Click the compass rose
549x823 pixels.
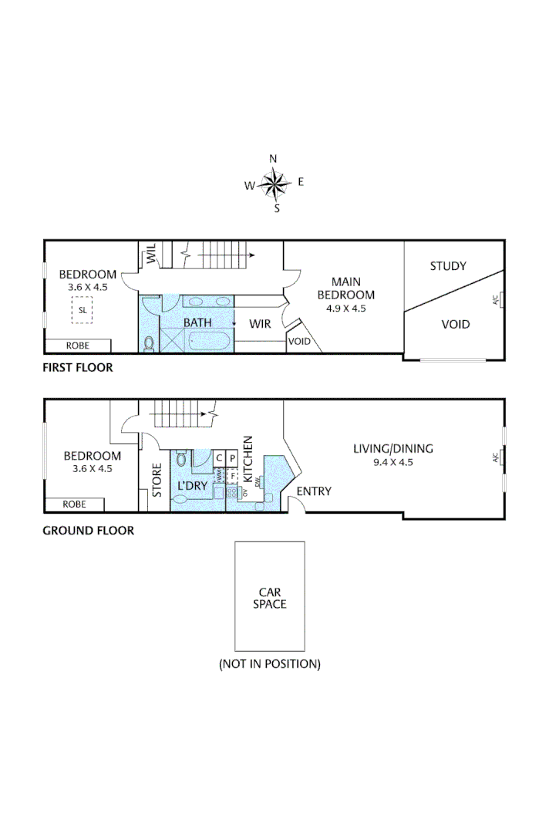[x=274, y=184]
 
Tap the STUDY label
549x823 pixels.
[x=448, y=266]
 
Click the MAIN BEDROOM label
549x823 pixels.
[x=346, y=288]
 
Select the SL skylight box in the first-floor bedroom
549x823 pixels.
[x=82, y=310]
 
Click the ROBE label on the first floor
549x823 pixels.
[x=77, y=346]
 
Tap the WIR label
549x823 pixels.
[x=260, y=324]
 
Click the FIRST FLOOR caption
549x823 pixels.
[x=77, y=367]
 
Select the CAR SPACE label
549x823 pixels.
[x=270, y=598]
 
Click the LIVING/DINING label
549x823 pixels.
[x=393, y=448]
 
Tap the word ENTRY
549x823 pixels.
[x=314, y=491]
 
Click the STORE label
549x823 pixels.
[x=157, y=479]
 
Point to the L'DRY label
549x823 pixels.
[x=192, y=486]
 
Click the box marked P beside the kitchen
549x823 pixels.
[x=231, y=458]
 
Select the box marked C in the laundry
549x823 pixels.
[x=219, y=458]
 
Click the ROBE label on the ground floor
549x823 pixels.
[x=75, y=504]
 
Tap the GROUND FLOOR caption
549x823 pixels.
[x=88, y=531]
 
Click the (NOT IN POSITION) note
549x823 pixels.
[x=270, y=663]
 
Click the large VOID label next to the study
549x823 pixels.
[x=455, y=324]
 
